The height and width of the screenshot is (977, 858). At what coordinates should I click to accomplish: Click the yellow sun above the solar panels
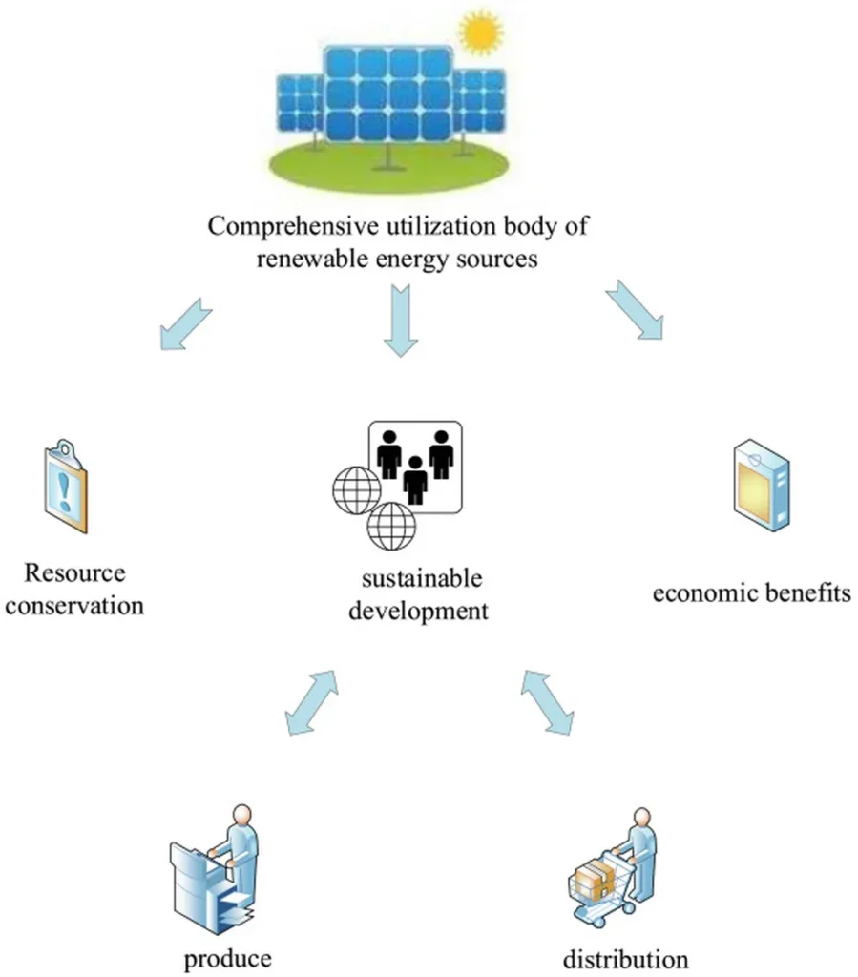point(480,31)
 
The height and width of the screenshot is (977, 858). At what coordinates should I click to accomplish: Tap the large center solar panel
point(387,93)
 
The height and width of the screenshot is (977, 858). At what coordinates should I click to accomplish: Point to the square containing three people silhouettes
point(414,465)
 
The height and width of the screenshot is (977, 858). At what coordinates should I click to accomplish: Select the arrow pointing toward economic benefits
point(634,310)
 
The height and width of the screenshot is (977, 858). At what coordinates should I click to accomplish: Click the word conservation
point(74,605)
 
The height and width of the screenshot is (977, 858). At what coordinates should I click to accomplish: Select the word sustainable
point(422,578)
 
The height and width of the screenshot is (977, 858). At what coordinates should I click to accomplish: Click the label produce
point(226,956)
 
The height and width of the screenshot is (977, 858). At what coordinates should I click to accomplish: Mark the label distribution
point(625,957)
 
